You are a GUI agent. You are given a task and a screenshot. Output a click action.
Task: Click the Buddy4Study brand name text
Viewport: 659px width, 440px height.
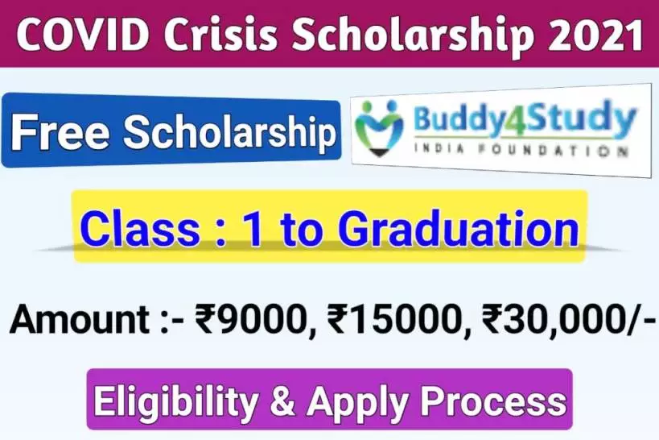[x=525, y=120]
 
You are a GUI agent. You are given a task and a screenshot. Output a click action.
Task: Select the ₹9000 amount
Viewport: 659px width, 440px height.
[x=245, y=322]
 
